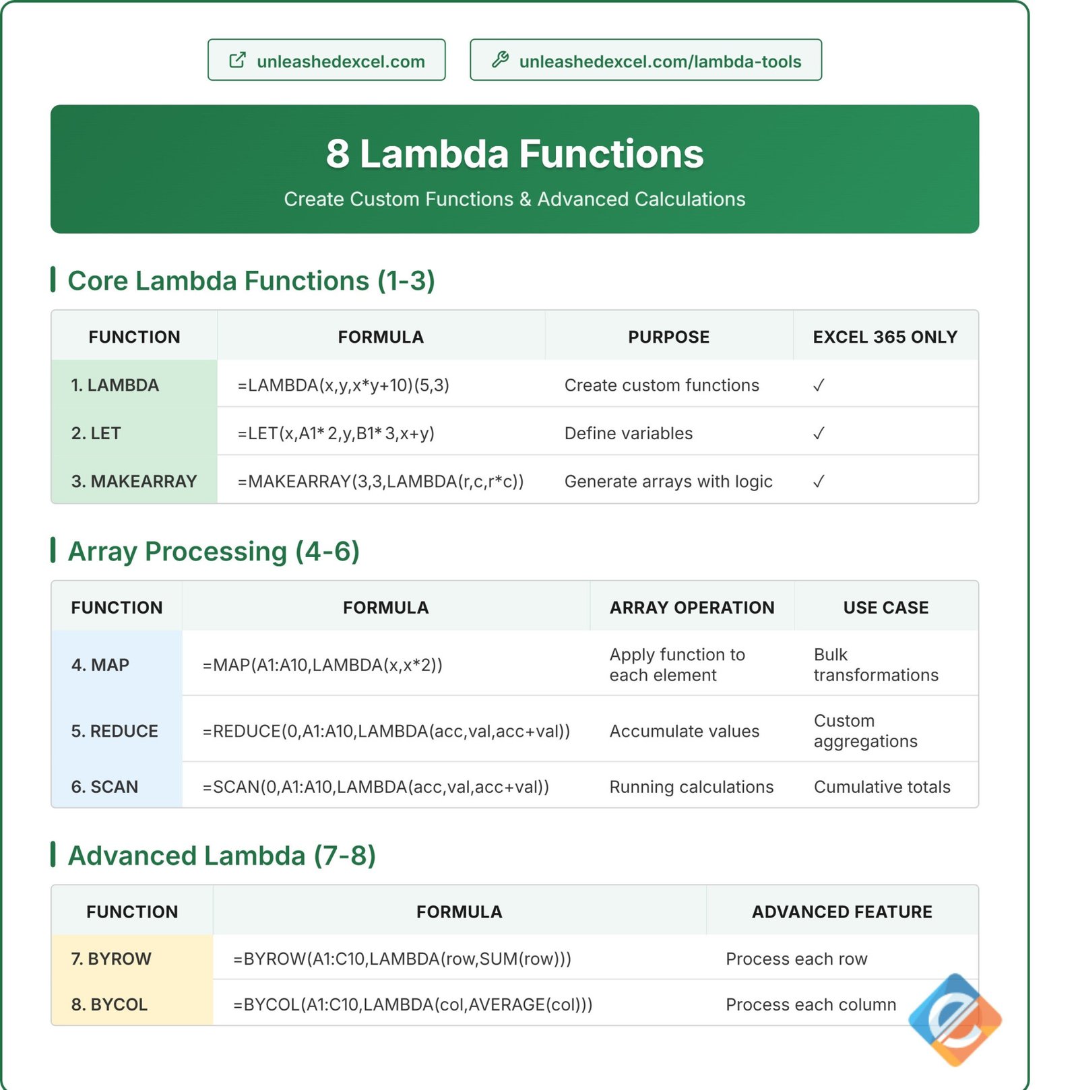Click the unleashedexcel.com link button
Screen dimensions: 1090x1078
coord(326,61)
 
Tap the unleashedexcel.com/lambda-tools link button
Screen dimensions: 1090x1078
coord(645,61)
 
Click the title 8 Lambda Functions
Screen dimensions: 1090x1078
coord(515,154)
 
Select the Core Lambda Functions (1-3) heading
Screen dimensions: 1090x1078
coord(251,281)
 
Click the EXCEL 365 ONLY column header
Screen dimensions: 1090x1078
coord(885,337)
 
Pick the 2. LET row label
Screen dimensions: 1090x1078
coord(96,433)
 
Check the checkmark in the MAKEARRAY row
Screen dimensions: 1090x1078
coord(819,482)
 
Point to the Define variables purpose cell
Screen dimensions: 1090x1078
coord(628,433)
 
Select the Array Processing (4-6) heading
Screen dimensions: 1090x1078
coord(214,552)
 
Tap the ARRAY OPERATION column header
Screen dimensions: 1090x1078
coord(692,608)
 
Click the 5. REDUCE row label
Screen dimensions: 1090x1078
coord(115,731)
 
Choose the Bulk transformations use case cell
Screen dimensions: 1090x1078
coord(875,665)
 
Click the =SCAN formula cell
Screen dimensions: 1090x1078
coord(376,787)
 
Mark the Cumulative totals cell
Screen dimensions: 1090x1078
coord(882,787)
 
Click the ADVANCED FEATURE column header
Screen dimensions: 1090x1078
coord(842,912)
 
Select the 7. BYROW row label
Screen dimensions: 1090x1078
coord(111,959)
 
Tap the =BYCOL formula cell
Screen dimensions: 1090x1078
coord(412,1004)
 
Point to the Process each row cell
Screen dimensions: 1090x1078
coord(796,959)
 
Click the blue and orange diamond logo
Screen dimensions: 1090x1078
coord(955,1019)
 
